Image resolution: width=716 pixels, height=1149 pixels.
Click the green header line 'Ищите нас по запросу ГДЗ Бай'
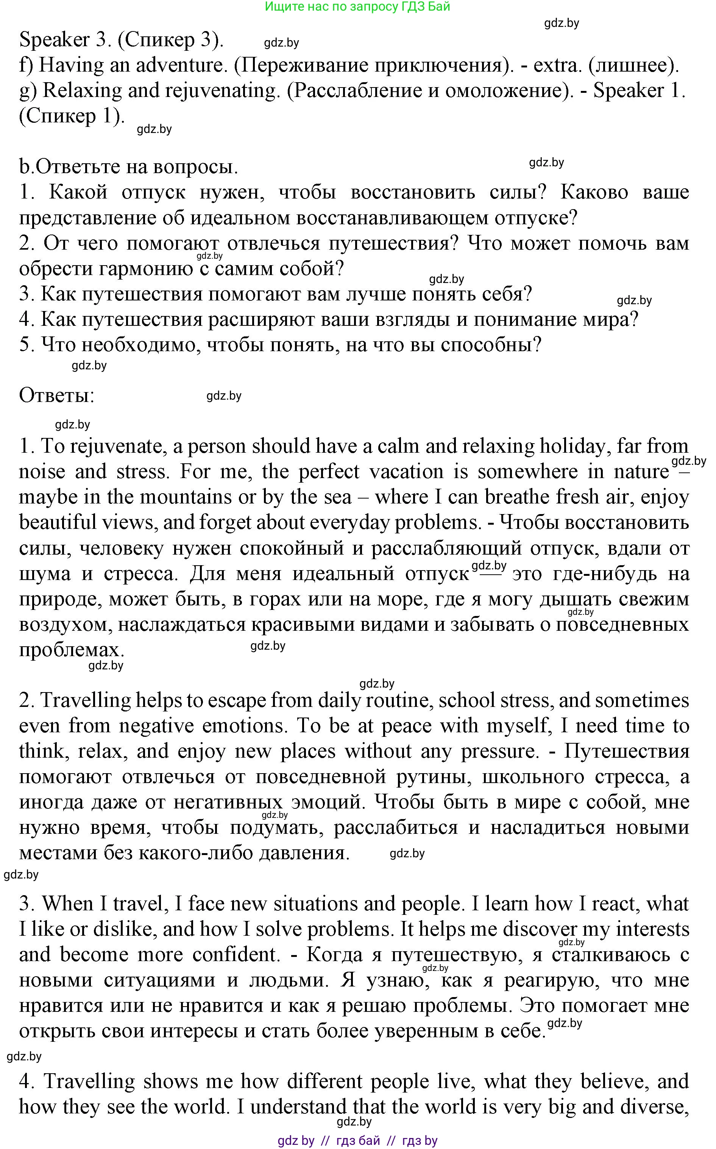pyautogui.click(x=357, y=7)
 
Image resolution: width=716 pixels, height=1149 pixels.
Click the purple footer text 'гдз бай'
pyautogui.click(x=358, y=1140)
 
